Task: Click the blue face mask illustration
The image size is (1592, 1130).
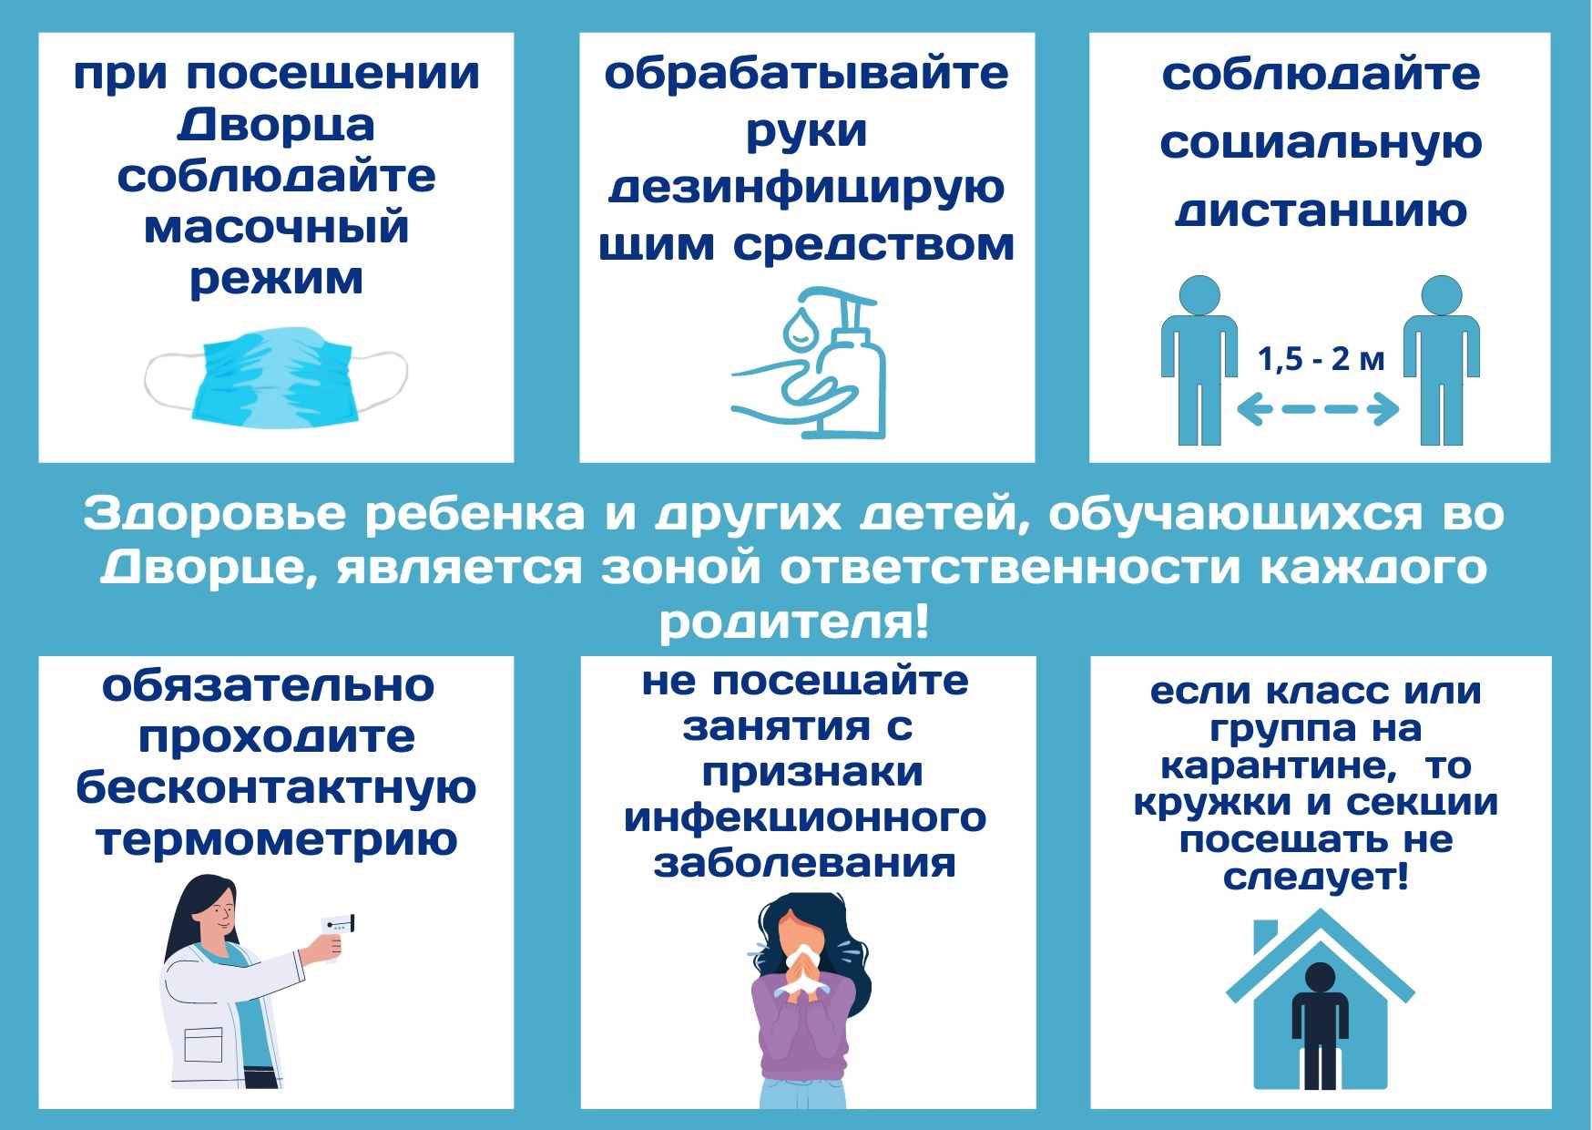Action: [276, 379]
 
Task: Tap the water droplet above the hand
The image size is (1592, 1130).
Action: [801, 328]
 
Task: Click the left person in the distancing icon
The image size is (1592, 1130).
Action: [1199, 360]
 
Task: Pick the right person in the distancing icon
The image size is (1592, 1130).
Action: [1442, 360]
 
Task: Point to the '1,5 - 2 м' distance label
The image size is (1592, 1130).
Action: [1321, 359]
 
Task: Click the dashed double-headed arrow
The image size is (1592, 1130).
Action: [1318, 409]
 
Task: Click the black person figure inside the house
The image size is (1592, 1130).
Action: [1320, 1026]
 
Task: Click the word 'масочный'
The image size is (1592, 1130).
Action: [276, 227]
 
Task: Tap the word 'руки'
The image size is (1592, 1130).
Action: [806, 132]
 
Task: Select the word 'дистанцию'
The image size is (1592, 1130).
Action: [1321, 211]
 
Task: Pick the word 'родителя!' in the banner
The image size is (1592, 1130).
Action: [794, 622]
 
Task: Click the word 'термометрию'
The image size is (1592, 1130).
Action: [276, 839]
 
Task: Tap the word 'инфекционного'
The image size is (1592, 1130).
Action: [805, 817]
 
